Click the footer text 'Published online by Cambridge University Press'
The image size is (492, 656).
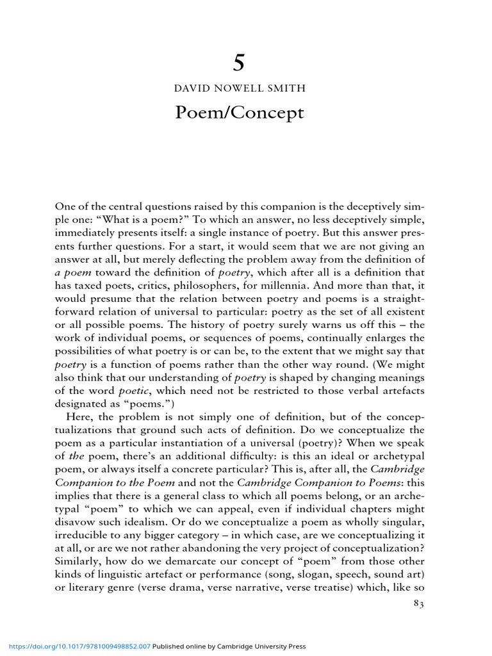point(229,647)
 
